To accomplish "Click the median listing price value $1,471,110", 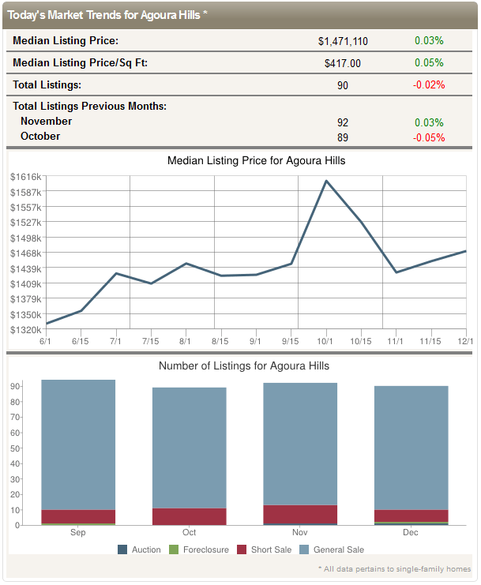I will [x=343, y=41].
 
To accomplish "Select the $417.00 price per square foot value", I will [x=343, y=63].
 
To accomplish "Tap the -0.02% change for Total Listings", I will [x=429, y=85].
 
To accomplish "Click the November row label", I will [x=46, y=122].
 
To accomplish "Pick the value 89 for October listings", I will [x=343, y=137].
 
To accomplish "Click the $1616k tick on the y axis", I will [x=25, y=176].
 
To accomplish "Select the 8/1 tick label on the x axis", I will [x=185, y=340].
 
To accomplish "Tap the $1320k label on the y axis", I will [x=25, y=329].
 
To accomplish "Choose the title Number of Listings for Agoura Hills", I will [x=244, y=366].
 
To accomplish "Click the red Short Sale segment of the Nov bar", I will [x=300, y=514].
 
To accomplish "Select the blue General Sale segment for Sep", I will [x=78, y=444].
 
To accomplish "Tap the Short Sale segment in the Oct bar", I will [x=189, y=516].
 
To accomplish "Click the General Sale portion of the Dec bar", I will [x=411, y=448].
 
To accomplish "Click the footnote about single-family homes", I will [x=394, y=568].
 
